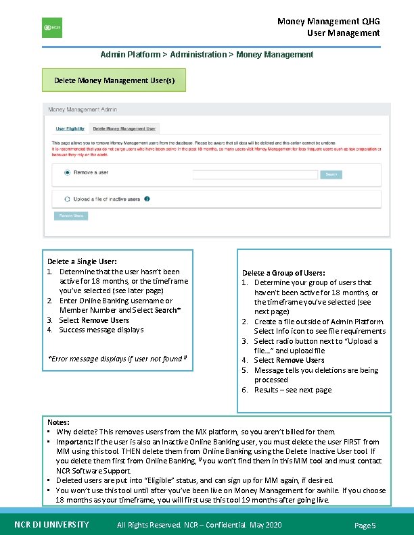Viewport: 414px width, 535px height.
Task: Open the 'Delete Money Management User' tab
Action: coord(124,128)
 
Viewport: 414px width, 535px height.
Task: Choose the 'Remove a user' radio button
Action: coord(67,173)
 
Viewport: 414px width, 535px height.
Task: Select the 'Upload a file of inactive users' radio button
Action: coord(67,199)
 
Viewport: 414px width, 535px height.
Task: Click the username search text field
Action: coord(255,174)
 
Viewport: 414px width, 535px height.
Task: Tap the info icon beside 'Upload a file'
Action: coord(147,199)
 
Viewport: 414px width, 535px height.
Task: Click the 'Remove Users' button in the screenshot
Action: coord(71,216)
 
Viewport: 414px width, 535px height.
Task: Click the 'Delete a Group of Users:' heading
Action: coord(283,273)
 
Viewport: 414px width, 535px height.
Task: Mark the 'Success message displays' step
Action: coord(101,330)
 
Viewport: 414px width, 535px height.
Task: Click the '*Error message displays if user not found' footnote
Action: coord(116,359)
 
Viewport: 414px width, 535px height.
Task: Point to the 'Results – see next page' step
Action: coord(293,390)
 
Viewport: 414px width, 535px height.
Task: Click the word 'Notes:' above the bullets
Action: coord(58,422)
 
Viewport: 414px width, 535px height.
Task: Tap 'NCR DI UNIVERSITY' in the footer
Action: coord(51,525)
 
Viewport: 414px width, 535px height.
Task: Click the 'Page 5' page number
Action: coord(365,526)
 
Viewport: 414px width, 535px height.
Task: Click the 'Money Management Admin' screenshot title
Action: coord(82,109)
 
